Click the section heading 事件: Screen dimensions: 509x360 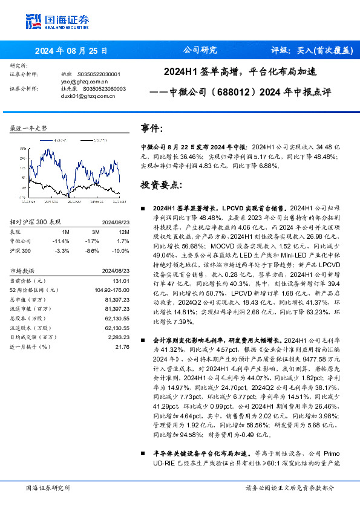[152, 129]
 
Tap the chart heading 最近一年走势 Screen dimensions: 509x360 [28, 129]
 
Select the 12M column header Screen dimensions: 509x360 [123, 232]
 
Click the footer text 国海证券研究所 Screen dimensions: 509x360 [48, 488]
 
